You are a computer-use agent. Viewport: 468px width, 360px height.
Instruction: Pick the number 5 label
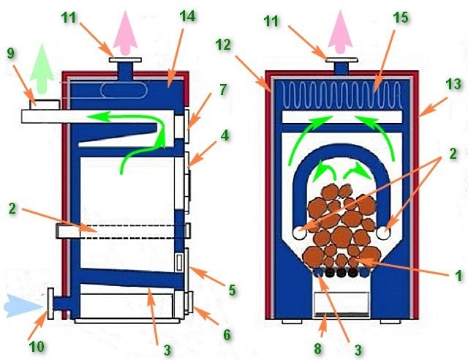(x=232, y=290)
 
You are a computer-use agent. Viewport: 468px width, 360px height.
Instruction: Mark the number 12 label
(x=224, y=45)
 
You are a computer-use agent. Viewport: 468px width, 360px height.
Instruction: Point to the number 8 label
(x=318, y=348)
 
